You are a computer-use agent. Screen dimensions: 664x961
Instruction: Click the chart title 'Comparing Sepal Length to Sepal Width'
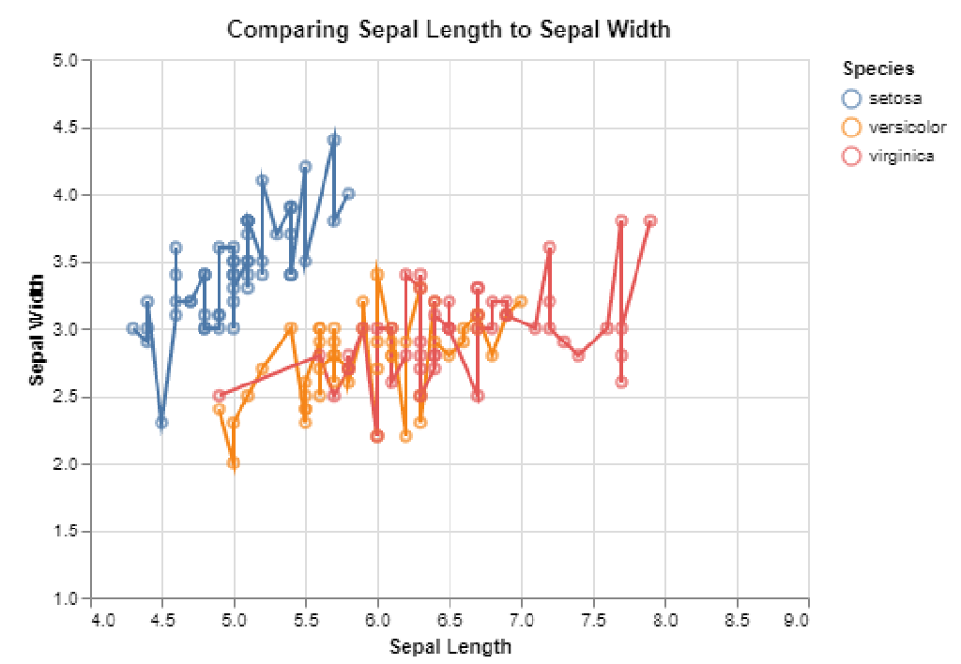point(449,30)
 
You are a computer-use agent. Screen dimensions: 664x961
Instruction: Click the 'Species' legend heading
point(878,68)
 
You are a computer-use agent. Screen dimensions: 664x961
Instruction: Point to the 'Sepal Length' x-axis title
point(450,646)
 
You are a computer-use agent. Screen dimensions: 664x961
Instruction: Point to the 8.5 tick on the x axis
point(737,620)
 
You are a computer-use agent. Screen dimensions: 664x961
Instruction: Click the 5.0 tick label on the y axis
point(73,60)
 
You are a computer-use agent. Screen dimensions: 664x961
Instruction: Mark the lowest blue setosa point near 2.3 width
point(162,423)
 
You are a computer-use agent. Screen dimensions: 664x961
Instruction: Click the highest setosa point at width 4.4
point(334,140)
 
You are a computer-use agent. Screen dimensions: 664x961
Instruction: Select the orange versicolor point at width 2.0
point(234,463)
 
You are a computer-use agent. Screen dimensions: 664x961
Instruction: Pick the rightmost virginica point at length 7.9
point(650,221)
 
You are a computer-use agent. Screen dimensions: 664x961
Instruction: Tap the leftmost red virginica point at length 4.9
point(220,396)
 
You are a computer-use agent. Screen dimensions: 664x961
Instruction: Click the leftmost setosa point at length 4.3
point(133,328)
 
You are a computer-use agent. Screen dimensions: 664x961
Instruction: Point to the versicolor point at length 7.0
point(521,301)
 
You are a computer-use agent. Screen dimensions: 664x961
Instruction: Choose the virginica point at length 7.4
point(578,355)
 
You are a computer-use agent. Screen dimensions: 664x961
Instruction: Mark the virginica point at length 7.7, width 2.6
point(621,382)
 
